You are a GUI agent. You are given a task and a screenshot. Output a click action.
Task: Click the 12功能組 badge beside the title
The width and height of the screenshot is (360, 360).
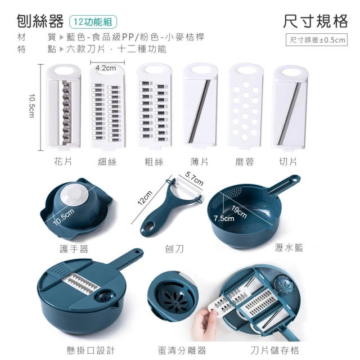tap(93, 22)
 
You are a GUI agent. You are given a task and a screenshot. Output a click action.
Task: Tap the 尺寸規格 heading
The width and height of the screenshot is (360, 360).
tap(315, 21)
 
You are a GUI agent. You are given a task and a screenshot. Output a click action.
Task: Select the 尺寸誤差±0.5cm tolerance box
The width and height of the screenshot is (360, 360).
tap(316, 40)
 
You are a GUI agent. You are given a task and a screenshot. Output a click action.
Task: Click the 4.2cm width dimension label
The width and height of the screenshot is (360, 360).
tap(106, 68)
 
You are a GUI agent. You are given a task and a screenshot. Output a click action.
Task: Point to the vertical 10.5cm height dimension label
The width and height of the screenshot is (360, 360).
tap(31, 106)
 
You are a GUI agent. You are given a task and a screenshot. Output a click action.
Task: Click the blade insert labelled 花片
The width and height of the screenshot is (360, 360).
tap(64, 106)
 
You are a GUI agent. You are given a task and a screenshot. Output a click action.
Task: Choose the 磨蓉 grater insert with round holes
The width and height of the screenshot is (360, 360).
tap(245, 106)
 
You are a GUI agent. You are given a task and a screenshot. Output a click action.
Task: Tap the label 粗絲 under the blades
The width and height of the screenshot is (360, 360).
tap(154, 162)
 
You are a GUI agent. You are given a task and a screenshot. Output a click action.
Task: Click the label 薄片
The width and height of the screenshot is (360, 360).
tap(199, 162)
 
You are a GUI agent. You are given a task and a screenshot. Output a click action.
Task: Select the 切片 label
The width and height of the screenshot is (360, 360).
tap(288, 162)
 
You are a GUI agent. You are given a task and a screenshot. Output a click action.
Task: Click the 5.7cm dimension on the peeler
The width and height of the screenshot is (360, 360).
tap(194, 178)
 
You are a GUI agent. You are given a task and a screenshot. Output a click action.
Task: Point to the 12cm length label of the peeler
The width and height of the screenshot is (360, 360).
tap(145, 197)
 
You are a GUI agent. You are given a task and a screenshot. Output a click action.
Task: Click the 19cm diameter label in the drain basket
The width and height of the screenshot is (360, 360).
tap(239, 211)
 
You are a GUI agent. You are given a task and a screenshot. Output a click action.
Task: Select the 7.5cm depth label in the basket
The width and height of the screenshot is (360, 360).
tap(224, 218)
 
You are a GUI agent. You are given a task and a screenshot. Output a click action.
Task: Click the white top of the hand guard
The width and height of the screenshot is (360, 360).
tap(74, 195)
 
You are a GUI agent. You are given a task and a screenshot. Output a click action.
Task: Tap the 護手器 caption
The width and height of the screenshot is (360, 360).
tap(74, 249)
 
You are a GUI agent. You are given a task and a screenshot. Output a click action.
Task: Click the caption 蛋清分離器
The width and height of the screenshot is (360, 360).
tap(182, 350)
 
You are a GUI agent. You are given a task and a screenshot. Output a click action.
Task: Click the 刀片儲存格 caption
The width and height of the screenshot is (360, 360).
tap(275, 350)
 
